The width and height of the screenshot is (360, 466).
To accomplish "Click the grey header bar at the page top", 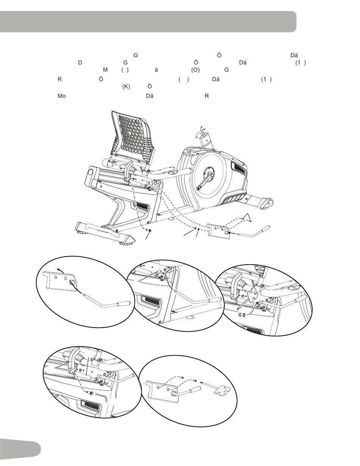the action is [148, 22].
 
